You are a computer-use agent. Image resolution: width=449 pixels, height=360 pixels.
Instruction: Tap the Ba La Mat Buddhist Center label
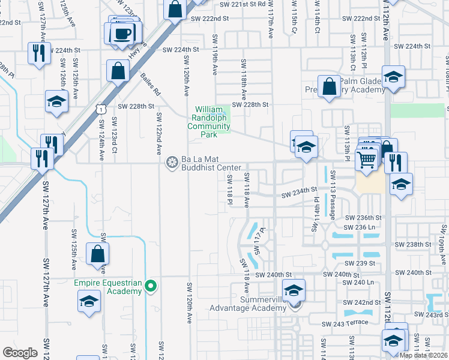point(207,164)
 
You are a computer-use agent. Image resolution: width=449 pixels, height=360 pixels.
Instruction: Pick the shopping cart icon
point(367,160)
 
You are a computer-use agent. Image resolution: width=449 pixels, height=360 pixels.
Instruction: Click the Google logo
point(20,353)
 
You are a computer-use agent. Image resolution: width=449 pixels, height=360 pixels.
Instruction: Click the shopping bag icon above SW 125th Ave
point(97,254)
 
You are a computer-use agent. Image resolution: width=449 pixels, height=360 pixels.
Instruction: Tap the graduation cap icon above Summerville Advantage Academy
point(294,290)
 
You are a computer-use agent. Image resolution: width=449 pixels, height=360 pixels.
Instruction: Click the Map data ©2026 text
point(424,355)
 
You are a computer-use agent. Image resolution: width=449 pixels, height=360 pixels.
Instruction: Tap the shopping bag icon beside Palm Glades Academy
point(329,87)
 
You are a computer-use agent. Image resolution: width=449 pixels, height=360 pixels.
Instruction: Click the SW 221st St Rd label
point(243,4)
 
